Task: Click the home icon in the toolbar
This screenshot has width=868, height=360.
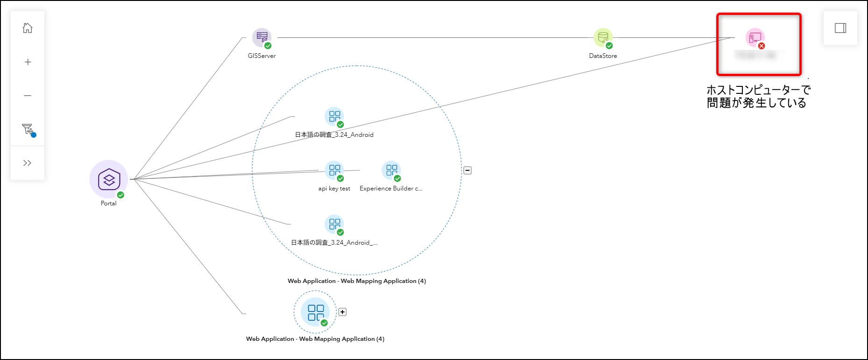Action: [28, 28]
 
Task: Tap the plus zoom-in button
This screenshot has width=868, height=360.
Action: [28, 62]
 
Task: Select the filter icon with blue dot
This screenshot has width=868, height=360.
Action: [28, 129]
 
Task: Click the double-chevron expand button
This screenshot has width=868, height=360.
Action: [28, 163]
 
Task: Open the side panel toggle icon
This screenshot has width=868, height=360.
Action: [840, 28]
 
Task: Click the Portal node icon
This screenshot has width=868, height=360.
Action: [109, 179]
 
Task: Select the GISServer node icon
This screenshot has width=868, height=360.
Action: [262, 37]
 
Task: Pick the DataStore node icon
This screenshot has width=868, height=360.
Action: [603, 37]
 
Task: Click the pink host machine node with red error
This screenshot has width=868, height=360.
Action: [754, 37]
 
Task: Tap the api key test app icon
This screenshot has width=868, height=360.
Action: [334, 170]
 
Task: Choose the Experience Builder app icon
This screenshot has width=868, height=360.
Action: [391, 170]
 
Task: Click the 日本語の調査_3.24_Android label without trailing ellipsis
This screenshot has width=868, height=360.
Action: [334, 135]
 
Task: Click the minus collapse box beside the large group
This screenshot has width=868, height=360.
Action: [467, 170]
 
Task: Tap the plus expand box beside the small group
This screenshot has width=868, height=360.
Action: [342, 312]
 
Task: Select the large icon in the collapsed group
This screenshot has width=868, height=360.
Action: [315, 312]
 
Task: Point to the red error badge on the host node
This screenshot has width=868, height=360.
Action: [761, 46]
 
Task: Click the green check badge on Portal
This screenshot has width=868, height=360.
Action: [121, 195]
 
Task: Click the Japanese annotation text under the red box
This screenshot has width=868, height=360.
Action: [758, 96]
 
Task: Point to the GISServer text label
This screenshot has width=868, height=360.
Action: [262, 56]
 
